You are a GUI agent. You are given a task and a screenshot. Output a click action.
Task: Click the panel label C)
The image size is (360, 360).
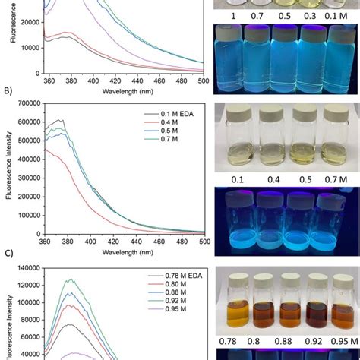[x=10, y=247]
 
